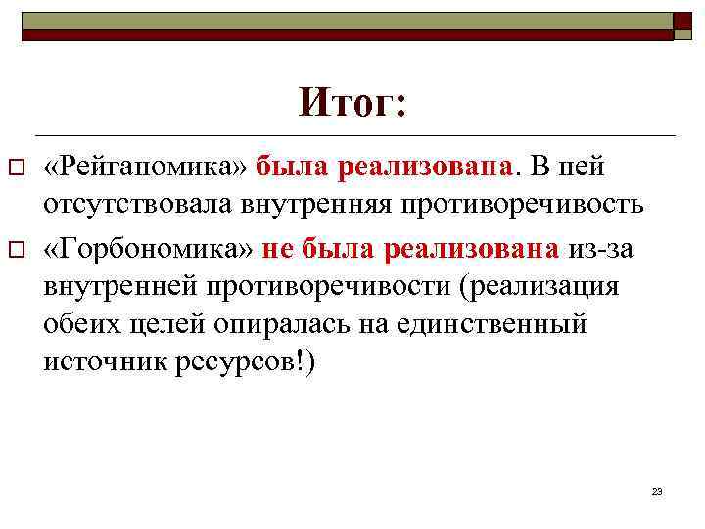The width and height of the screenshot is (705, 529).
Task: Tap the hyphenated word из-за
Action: click(600, 249)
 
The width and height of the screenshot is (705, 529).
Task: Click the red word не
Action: click(279, 249)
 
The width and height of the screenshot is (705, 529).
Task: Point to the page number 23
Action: click(657, 490)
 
